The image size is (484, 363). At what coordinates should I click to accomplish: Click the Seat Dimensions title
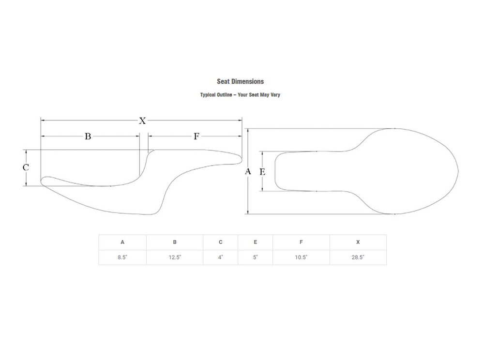(240, 81)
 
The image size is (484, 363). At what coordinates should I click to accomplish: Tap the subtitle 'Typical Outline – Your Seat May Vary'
(240, 95)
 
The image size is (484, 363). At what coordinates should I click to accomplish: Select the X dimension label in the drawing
(142, 121)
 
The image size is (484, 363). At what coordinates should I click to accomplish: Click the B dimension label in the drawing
(88, 136)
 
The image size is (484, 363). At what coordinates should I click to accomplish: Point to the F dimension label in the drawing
(197, 136)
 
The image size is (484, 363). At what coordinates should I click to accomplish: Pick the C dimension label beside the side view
(26, 167)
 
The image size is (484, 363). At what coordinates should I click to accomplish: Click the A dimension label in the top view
(248, 171)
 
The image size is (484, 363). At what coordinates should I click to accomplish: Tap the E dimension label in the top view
(262, 172)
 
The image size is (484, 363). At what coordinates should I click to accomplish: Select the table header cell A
(122, 242)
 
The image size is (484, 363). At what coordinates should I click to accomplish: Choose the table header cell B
(175, 242)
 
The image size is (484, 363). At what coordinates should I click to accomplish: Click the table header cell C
(220, 242)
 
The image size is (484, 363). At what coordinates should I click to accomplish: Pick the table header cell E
(255, 242)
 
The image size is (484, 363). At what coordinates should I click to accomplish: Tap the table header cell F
(301, 242)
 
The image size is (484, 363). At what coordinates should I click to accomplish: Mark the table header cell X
(358, 242)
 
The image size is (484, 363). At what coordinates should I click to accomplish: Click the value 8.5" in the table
(122, 257)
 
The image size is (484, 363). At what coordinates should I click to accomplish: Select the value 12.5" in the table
(175, 257)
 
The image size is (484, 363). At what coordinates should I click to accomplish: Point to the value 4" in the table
(220, 257)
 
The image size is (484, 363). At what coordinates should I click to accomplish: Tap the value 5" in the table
(255, 257)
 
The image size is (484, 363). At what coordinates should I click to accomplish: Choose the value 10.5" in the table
(301, 257)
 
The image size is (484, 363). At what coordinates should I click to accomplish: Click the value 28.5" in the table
(358, 257)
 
